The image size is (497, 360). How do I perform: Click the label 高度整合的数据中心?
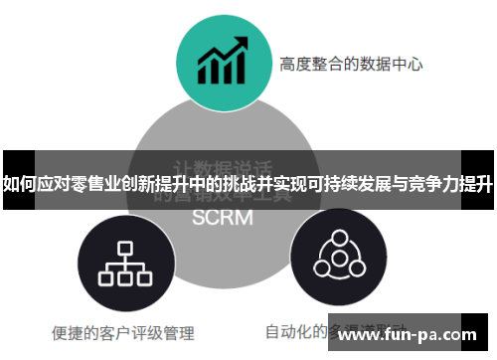pos(351,65)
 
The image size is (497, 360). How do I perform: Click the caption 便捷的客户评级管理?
pos(122,333)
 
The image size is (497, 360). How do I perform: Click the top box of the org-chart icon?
pos(123,247)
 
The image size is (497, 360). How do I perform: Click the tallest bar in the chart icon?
pos(240,70)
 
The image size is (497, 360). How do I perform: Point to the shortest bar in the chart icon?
pos(205,75)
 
